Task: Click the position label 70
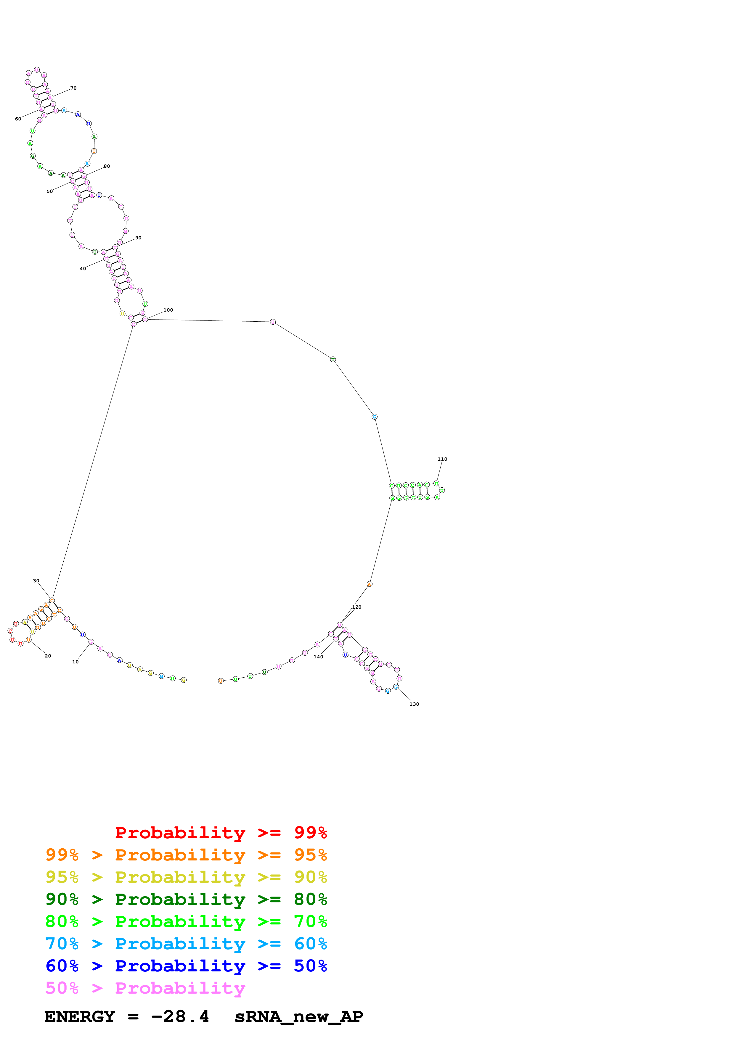tap(73, 88)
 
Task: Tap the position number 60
tap(18, 119)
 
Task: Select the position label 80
tap(107, 166)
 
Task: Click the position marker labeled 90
tap(138, 238)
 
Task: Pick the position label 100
tap(168, 310)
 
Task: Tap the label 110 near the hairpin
tap(442, 459)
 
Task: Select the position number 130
tap(414, 704)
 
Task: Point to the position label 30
tap(36, 581)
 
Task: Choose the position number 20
tap(48, 656)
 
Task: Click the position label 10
tap(76, 662)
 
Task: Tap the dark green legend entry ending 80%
tap(186, 899)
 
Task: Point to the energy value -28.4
tap(180, 1017)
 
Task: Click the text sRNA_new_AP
tap(298, 1017)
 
